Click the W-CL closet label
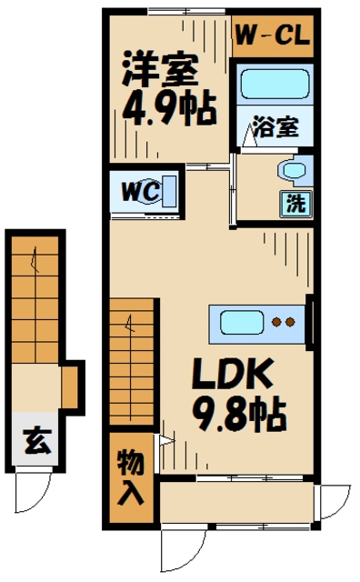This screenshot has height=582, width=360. [x=273, y=36]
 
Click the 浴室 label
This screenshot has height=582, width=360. [x=275, y=127]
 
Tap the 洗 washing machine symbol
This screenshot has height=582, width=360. [x=296, y=201]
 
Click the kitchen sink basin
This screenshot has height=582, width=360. [x=238, y=322]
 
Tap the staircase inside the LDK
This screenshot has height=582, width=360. [x=131, y=364]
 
